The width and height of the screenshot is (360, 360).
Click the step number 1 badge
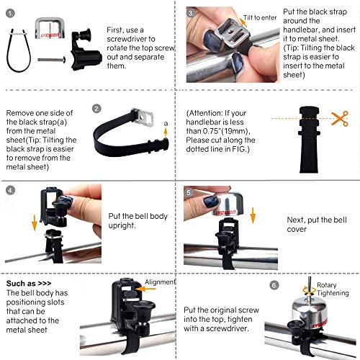(10, 12)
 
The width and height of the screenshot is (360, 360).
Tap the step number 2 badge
(96, 109)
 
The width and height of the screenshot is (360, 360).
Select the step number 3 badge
(190, 12)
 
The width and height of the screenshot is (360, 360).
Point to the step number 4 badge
(10, 191)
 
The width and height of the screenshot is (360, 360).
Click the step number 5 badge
(189, 193)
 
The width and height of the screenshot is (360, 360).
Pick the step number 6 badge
(274, 284)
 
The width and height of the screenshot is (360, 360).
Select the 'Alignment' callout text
(161, 282)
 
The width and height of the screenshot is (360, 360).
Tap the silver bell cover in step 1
(53, 31)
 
